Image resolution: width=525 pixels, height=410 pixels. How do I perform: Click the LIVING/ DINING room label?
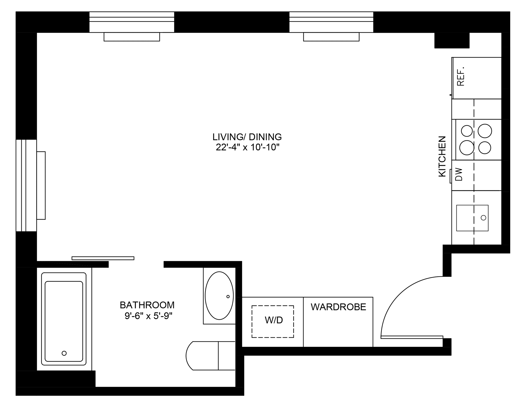[x=247, y=137]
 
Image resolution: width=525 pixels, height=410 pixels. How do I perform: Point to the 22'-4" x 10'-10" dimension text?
[x=248, y=148]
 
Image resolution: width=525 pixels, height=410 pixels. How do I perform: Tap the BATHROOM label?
[x=147, y=305]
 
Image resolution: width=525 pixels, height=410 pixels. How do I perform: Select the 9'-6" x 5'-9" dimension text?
[x=148, y=316]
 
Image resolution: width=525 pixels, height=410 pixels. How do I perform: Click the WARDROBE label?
[x=338, y=307]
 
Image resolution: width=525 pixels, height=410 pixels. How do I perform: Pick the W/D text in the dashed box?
[x=274, y=320]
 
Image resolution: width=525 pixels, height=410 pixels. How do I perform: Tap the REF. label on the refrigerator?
[x=461, y=76]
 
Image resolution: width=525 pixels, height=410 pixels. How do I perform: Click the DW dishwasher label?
[x=459, y=175]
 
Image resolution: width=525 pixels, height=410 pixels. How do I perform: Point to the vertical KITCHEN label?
[x=442, y=157]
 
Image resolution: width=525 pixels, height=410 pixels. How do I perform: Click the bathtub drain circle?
[x=64, y=353]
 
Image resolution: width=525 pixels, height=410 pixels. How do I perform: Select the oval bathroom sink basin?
[x=219, y=296]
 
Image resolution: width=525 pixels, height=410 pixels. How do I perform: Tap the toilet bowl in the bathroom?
[x=202, y=356]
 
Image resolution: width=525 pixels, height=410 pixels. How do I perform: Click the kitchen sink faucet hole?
[x=483, y=218]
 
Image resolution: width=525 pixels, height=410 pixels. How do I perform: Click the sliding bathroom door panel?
[x=103, y=258]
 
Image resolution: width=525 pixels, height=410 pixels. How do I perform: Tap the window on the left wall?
[x=26, y=185]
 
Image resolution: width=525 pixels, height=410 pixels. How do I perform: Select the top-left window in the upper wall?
[x=132, y=22]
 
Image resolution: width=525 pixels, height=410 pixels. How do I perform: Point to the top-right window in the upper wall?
[x=331, y=22]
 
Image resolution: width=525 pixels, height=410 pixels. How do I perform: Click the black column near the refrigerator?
[x=452, y=40]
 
